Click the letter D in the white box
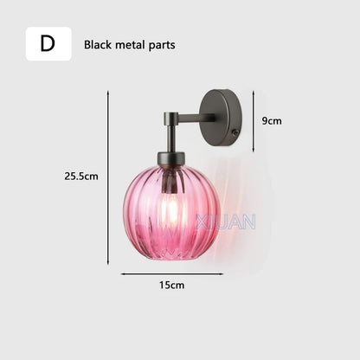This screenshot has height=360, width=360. [x=48, y=44]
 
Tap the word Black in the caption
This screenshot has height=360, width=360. [x=99, y=45]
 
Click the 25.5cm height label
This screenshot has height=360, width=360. [x=80, y=176]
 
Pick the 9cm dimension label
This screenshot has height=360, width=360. [x=272, y=121]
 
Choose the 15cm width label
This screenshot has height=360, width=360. [x=171, y=285]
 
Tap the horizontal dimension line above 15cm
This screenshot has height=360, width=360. [x=171, y=273]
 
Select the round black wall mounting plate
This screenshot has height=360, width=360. [x=222, y=118]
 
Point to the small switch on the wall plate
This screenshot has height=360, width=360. [x=235, y=132]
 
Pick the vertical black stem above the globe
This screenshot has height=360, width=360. [x=171, y=137]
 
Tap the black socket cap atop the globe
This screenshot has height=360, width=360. [x=171, y=159]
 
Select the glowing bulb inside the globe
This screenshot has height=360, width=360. [x=171, y=208]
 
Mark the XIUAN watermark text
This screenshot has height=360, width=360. [x=225, y=222]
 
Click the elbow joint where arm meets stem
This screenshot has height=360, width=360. [x=171, y=117]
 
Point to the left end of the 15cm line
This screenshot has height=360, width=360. [x=122, y=273]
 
